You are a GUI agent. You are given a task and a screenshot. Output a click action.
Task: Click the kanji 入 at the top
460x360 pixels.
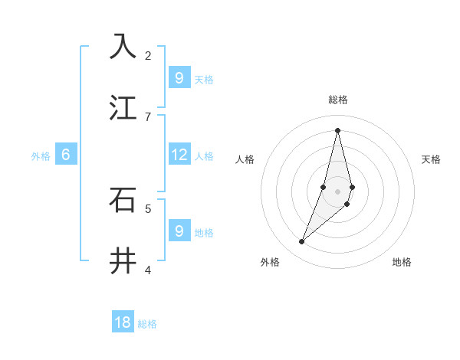[123, 46]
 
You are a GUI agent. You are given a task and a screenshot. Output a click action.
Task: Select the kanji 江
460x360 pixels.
[123, 107]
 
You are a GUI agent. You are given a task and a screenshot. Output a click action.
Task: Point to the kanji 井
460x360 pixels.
[123, 261]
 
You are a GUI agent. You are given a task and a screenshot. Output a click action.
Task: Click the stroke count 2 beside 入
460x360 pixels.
[148, 56]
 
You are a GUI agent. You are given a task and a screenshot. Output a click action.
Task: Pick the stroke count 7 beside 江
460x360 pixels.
[148, 116]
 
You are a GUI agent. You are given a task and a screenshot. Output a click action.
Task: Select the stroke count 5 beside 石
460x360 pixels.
[148, 208]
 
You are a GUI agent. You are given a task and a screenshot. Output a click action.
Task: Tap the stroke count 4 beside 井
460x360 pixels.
[148, 270]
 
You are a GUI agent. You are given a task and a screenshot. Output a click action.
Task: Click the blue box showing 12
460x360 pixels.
[179, 155]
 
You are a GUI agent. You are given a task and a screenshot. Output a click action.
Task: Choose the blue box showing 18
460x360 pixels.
[123, 322]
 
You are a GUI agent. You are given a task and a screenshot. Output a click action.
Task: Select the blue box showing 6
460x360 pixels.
[65, 155]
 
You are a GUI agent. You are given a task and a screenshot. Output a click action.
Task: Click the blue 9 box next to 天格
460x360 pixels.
[179, 77]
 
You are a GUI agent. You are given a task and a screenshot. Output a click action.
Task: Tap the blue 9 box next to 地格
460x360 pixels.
[179, 231]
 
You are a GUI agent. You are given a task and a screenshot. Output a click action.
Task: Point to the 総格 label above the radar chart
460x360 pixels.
[338, 100]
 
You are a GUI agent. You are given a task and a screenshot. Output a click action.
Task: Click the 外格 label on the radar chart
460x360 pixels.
[270, 262]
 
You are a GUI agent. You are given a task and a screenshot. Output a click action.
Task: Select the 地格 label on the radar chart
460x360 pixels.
[402, 262]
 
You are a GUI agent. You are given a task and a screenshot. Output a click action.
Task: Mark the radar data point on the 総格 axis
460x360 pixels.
[337, 129]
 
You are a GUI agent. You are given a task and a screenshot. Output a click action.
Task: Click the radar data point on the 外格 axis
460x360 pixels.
[302, 242]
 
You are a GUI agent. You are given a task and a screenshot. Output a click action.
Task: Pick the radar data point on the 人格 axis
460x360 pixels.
[324, 187]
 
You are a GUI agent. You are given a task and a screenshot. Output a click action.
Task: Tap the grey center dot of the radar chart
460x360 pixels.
[337, 191]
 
